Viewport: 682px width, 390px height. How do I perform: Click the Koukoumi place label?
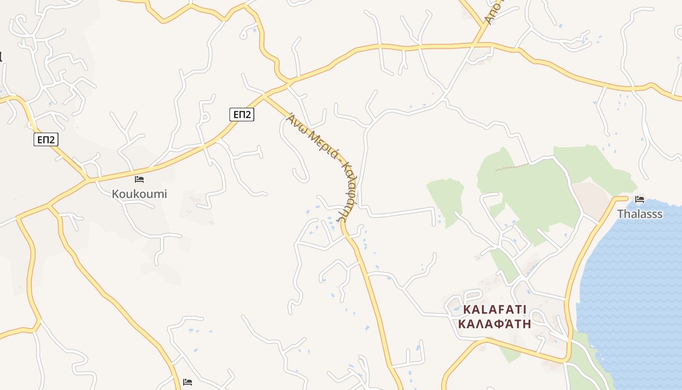139,194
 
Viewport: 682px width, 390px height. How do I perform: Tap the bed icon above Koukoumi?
139,179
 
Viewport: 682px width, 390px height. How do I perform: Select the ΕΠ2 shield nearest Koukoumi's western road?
46,140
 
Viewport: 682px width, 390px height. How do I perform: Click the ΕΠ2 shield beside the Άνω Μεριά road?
242,115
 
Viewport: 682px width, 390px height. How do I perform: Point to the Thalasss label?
640,214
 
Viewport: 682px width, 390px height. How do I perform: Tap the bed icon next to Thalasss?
640,199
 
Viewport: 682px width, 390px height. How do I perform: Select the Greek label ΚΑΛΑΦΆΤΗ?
494,324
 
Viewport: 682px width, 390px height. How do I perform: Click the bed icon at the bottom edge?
188,382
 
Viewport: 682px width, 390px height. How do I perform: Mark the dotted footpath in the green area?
511,167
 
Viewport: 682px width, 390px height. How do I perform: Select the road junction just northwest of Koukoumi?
88,180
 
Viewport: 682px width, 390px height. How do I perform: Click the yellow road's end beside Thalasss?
626,198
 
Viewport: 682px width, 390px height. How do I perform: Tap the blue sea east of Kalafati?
633,292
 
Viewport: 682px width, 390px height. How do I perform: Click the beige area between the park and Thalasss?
592,197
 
